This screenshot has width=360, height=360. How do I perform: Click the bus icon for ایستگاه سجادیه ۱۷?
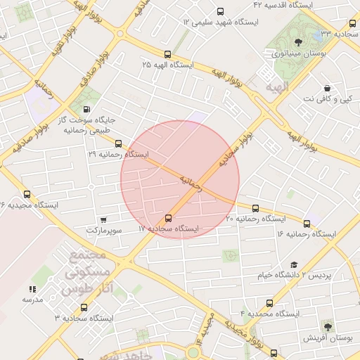[x=168, y=218]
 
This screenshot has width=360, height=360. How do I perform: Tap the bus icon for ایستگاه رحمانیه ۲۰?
[x=255, y=208]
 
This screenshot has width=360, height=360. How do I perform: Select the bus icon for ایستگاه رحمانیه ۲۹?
[x=118, y=143]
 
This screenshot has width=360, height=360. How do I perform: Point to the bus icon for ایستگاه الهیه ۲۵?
[x=167, y=54]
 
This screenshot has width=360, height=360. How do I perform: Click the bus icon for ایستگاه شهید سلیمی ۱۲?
[x=221, y=11]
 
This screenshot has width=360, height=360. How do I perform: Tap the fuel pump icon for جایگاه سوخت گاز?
[x=86, y=109]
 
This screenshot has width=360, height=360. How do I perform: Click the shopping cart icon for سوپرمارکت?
[x=104, y=220]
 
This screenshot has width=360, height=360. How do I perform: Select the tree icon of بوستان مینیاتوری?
[x=298, y=42]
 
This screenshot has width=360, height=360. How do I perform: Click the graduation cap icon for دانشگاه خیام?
[x=293, y=264]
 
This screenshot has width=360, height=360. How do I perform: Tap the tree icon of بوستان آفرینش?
[x=328, y=326]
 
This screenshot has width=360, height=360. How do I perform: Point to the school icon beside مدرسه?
[x=32, y=289]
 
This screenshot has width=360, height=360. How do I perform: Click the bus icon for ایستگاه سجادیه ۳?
[x=84, y=307]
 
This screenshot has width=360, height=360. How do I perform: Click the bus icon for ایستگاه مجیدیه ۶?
[x=27, y=194]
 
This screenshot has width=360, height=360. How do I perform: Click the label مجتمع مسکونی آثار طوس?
[x=83, y=271]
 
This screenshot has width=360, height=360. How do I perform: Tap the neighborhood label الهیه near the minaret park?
[x=276, y=87]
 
